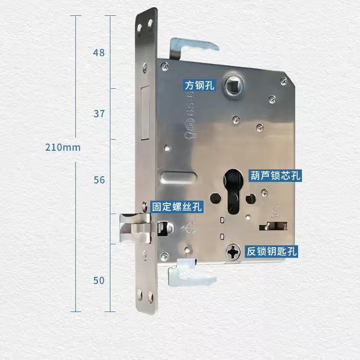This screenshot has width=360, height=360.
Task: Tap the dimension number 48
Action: click(x=99, y=52)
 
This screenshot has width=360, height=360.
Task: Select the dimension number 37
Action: click(x=99, y=114)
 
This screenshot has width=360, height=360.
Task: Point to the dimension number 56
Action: click(x=99, y=180)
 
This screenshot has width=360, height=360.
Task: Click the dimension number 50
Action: click(x=99, y=280)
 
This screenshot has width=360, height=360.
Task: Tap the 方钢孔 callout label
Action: click(x=200, y=85)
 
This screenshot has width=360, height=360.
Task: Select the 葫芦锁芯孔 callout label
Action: click(x=275, y=175)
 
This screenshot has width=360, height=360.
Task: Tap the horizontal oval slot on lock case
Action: click(x=178, y=177)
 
